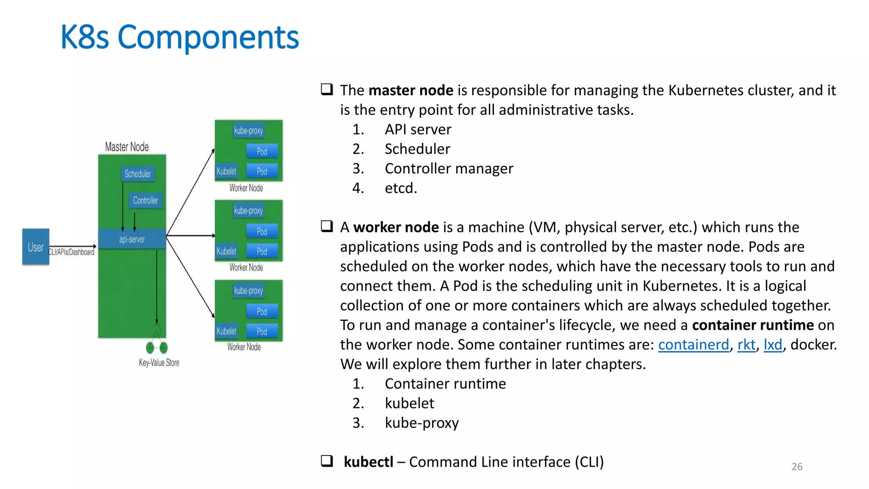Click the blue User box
click(36, 247)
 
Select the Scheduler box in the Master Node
click(137, 174)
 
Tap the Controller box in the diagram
click(146, 200)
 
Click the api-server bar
click(132, 239)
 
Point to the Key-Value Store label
click(159, 363)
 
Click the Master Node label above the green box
click(127, 147)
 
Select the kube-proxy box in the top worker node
click(249, 130)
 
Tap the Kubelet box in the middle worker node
click(227, 251)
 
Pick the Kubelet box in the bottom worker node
click(227, 331)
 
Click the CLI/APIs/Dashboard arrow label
click(71, 252)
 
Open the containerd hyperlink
click(693, 345)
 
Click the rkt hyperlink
click(746, 345)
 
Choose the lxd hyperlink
click(773, 345)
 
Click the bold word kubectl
click(368, 462)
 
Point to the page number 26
click(797, 467)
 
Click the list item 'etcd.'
click(401, 188)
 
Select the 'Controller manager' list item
click(449, 169)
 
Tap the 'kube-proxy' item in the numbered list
click(422, 423)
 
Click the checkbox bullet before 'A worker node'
click(327, 226)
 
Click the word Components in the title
click(208, 37)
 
